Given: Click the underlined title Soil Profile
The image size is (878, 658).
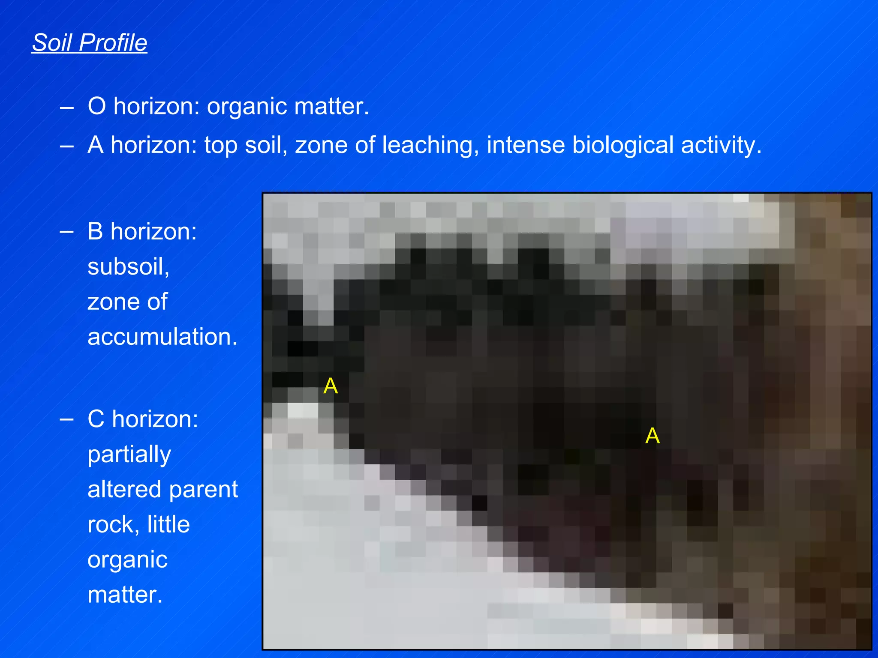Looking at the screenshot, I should [x=90, y=43].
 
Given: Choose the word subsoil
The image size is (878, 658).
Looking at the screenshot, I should [x=128, y=267].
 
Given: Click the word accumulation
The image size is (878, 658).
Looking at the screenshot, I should [x=162, y=337].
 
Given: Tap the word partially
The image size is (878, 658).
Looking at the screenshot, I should [x=129, y=455].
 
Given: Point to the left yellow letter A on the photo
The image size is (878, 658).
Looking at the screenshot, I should [x=331, y=386].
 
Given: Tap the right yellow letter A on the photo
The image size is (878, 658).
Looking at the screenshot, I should [x=652, y=436].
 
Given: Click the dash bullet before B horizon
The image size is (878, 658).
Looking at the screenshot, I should [x=66, y=232].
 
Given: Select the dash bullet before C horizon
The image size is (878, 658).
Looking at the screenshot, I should [x=66, y=419].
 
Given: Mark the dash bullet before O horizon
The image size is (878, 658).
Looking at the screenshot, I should [x=66, y=107].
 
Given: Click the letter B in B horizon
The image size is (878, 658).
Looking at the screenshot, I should [x=95, y=232].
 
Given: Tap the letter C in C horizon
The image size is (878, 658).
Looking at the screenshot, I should [x=96, y=419].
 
